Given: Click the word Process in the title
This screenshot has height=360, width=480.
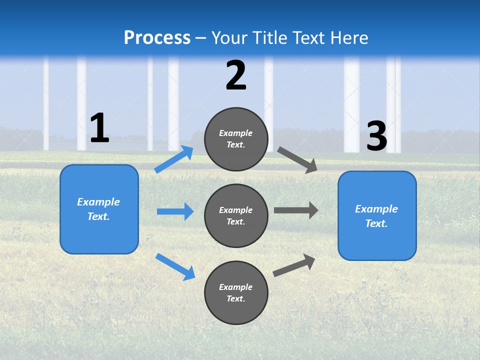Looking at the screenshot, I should (x=157, y=38).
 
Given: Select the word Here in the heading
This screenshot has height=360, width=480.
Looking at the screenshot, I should (x=348, y=38).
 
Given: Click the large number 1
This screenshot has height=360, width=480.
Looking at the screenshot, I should (x=99, y=128).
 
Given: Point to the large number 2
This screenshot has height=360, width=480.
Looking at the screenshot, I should (x=236, y=75).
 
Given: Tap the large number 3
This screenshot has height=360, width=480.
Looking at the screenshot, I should (x=376, y=136).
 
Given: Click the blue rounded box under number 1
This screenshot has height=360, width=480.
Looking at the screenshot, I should (x=99, y=209).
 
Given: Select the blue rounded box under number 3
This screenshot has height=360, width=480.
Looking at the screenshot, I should (x=377, y=215).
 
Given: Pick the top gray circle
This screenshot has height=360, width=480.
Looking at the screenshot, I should (x=236, y=139).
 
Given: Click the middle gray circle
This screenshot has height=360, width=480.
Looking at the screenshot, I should (x=236, y=215).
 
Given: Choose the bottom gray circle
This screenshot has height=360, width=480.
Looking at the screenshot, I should (x=236, y=292).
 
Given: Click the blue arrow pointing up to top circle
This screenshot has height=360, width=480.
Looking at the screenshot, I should (x=174, y=159).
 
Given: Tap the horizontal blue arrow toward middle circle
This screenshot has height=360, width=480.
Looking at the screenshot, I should (x=175, y=211).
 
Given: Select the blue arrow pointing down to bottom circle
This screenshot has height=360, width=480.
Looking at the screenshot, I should (x=175, y=266).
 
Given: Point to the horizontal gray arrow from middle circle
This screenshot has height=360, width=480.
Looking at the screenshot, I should (x=296, y=210).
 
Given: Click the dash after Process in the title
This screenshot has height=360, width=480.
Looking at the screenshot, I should (x=201, y=38).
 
